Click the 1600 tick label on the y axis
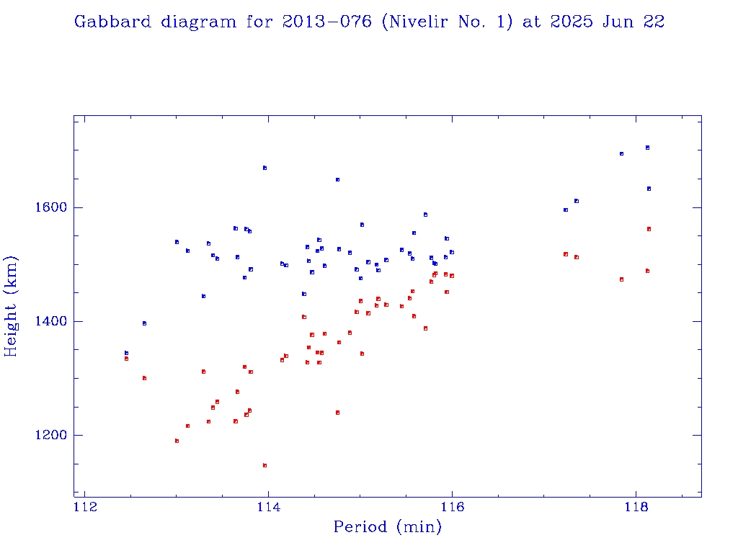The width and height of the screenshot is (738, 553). coord(50,208)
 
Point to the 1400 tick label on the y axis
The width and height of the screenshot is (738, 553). coord(50,322)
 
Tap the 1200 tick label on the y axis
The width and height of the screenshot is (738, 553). coord(50,436)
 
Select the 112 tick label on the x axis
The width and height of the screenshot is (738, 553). coord(85,509)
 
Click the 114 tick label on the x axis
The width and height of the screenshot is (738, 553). coord(269,509)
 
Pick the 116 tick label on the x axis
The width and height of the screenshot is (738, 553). coord(452,509)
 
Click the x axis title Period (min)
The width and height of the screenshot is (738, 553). coord(388,528)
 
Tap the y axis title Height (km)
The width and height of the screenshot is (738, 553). coord(12,306)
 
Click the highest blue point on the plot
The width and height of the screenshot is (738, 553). coord(647,148)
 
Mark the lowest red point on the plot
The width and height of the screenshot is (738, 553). coord(264,466)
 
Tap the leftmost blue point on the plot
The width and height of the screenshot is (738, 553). coord(126,353)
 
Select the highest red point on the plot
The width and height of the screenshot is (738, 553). coord(649,229)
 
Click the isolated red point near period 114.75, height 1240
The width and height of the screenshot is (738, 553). coord(337,413)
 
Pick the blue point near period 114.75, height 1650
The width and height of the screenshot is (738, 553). coord(337,179)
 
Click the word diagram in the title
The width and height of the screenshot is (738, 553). coord(197,22)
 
